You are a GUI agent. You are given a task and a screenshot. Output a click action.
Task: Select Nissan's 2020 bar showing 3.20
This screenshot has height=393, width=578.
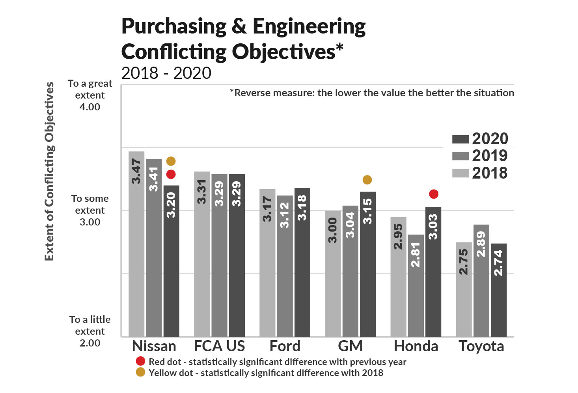coord(171,261)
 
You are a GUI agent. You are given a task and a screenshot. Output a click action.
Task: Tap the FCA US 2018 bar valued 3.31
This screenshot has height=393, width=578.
coord(202,254)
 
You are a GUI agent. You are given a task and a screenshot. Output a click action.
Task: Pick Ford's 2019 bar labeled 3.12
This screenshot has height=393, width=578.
coord(285,266)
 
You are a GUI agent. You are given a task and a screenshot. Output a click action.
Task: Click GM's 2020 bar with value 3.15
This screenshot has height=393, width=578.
coord(367,264)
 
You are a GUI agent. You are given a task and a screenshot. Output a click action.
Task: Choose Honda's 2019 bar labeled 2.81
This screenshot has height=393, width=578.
coord(416,285)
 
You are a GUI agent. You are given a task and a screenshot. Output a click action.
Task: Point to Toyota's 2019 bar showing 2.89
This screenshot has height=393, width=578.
coord(481,280)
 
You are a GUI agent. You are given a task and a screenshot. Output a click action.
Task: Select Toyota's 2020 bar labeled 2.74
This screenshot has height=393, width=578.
coord(498,290)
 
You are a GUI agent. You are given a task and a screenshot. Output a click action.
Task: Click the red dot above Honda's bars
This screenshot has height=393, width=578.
coord(434,194)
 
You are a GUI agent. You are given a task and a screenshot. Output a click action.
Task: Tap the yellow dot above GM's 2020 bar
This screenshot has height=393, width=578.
coord(367,180)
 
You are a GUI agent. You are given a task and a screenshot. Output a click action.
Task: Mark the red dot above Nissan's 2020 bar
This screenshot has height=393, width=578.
coord(171,174)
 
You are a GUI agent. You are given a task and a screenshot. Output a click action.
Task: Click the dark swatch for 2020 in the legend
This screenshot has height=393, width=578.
coord(460,139)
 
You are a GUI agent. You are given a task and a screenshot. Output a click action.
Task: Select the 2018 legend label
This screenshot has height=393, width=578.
coord(490,173)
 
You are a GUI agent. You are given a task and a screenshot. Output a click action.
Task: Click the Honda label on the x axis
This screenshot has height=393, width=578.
coord(416,346)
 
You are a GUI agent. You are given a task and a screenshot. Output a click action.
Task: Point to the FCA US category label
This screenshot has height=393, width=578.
coord(219,346)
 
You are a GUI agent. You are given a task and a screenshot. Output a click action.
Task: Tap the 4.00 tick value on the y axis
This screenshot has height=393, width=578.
coord(90,107)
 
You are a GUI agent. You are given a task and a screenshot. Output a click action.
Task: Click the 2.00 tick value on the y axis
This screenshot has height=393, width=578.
coord(90,343)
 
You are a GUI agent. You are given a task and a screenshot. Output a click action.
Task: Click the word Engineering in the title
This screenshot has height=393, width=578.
coord(309,27)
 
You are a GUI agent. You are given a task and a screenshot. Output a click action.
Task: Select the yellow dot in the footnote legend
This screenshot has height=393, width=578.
coord(140,372)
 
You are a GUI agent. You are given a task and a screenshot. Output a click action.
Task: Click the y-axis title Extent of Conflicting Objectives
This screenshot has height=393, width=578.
coord(49,171)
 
